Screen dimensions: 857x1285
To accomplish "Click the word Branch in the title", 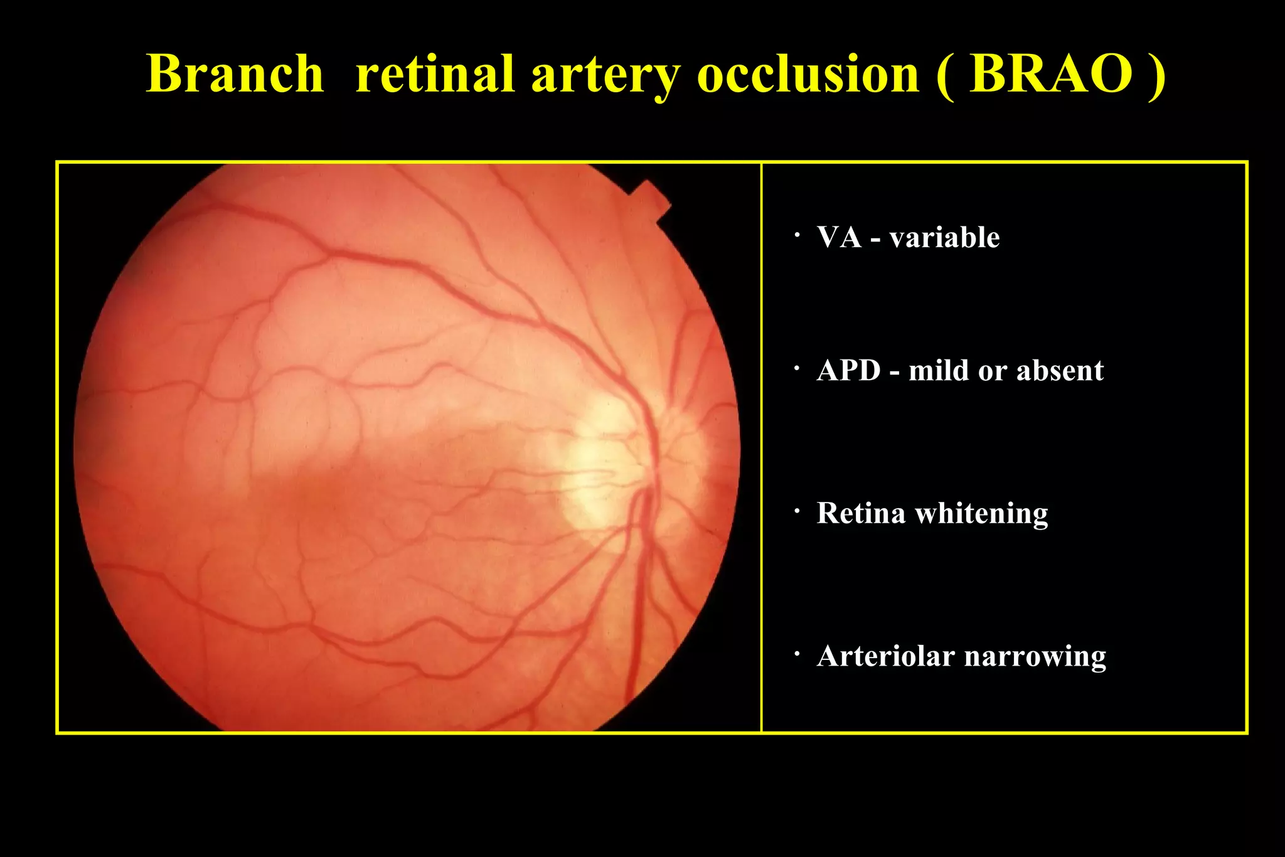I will point(235,74).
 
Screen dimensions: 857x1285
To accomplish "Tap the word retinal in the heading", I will point(435,74).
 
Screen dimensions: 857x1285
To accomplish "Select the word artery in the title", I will point(605,77).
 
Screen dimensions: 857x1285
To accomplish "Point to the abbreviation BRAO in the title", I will point(1050,74).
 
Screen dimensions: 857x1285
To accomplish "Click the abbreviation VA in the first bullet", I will point(839,238).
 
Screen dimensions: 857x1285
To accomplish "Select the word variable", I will point(944,238).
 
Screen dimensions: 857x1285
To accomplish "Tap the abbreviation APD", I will point(849,371).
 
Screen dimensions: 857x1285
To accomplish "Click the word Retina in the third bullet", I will point(861,513).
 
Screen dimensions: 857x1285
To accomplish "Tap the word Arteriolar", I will point(885,657).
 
